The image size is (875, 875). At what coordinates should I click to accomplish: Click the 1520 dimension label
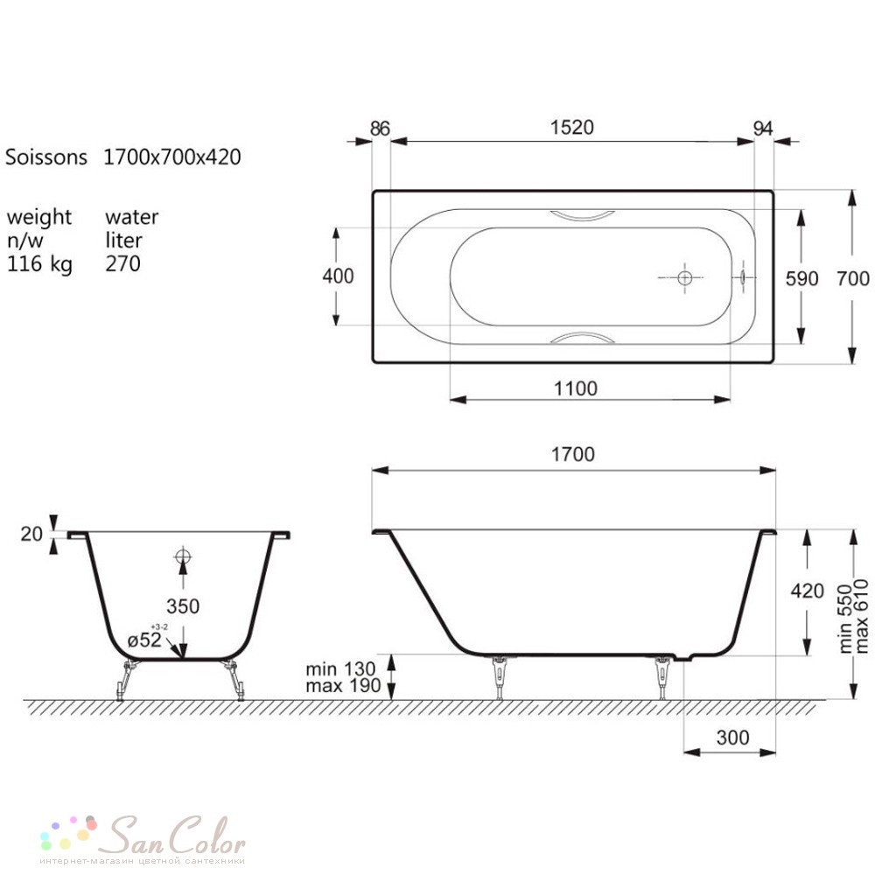pos(572,128)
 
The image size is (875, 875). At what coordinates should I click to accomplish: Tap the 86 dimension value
pos(380,129)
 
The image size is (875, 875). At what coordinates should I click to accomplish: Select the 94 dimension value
pos(763,129)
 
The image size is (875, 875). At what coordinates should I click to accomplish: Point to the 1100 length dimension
pos(576,388)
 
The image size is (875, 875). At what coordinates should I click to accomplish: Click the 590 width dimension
pos(801,278)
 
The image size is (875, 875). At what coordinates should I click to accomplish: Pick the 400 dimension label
pos(338,276)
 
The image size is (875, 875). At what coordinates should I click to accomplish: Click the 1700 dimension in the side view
pos(573,454)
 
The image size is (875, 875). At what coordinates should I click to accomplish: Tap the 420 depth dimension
pos(808,591)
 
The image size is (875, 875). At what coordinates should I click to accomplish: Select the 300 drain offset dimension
pos(732,738)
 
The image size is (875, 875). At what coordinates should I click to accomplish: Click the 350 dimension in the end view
pos(183,606)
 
